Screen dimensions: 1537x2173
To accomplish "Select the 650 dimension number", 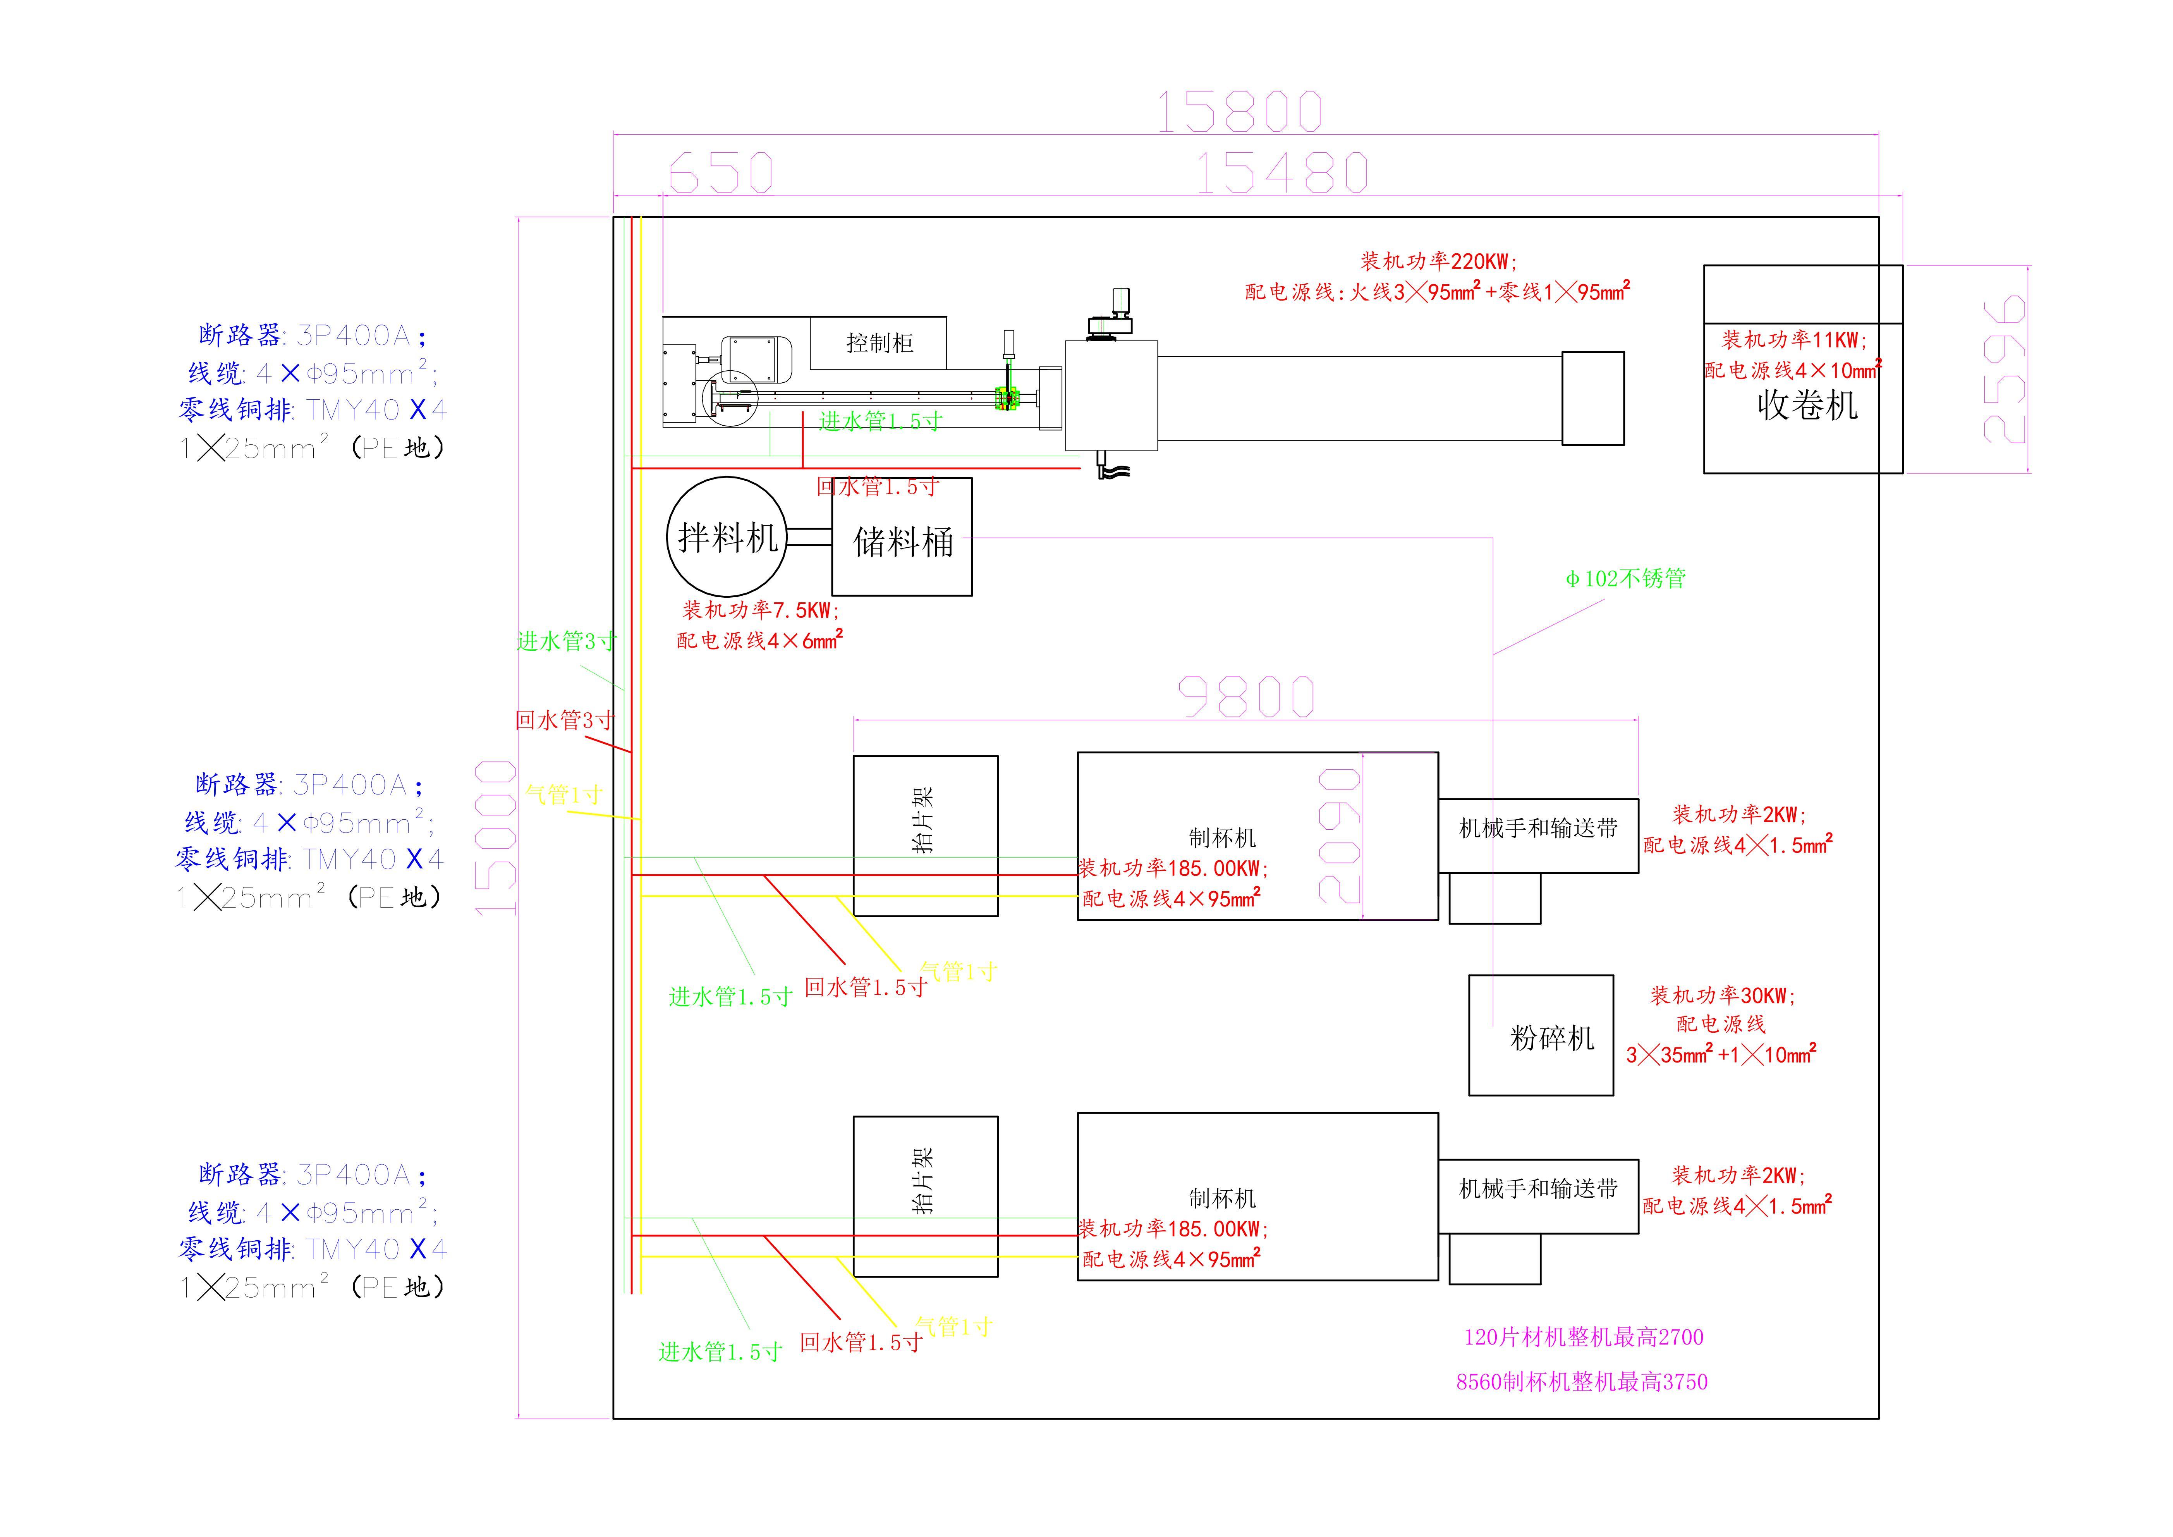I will [721, 173].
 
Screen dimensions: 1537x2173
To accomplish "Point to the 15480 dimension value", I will [1282, 173].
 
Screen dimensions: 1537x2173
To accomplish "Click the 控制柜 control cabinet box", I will [878, 342].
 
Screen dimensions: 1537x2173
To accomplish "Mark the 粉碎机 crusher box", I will [1541, 1035].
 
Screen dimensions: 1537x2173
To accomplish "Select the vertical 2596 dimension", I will [2005, 369].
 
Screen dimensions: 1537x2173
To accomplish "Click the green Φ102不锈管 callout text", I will [1625, 578].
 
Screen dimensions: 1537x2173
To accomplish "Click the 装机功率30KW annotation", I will [1723, 995].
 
